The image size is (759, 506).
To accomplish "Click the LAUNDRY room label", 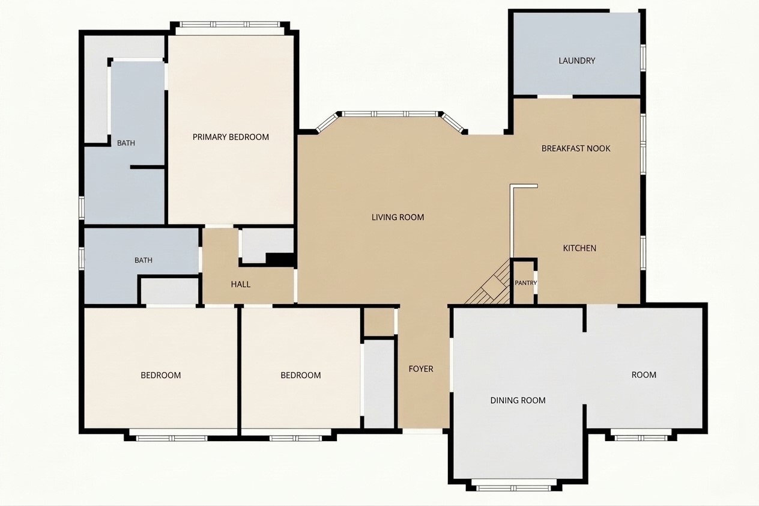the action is point(576,61).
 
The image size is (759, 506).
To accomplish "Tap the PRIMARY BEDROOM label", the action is point(231,137).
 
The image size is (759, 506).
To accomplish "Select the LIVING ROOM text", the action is point(398,217).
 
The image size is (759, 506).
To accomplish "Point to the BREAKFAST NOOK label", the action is point(576,148).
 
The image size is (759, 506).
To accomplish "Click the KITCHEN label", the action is point(579,248).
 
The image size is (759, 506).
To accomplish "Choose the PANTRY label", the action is point(526,282).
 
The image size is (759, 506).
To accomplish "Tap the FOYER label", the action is point(421,368).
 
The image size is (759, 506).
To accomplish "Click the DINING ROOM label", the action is point(518,400).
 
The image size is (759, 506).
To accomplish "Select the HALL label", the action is point(241,284).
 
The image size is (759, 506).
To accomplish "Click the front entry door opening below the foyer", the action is point(423,431).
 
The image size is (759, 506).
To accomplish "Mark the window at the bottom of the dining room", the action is point(513,489).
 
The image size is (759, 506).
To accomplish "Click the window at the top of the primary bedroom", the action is point(230,25).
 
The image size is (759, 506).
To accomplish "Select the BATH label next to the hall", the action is point(144,260).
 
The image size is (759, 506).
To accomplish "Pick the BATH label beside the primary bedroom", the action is point(125,143).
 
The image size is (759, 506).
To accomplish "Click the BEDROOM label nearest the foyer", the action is point(301,375).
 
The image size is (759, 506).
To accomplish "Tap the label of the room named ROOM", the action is point(644,375).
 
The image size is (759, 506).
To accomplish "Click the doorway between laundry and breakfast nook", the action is point(555,97).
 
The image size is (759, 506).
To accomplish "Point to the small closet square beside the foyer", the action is point(379,322).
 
